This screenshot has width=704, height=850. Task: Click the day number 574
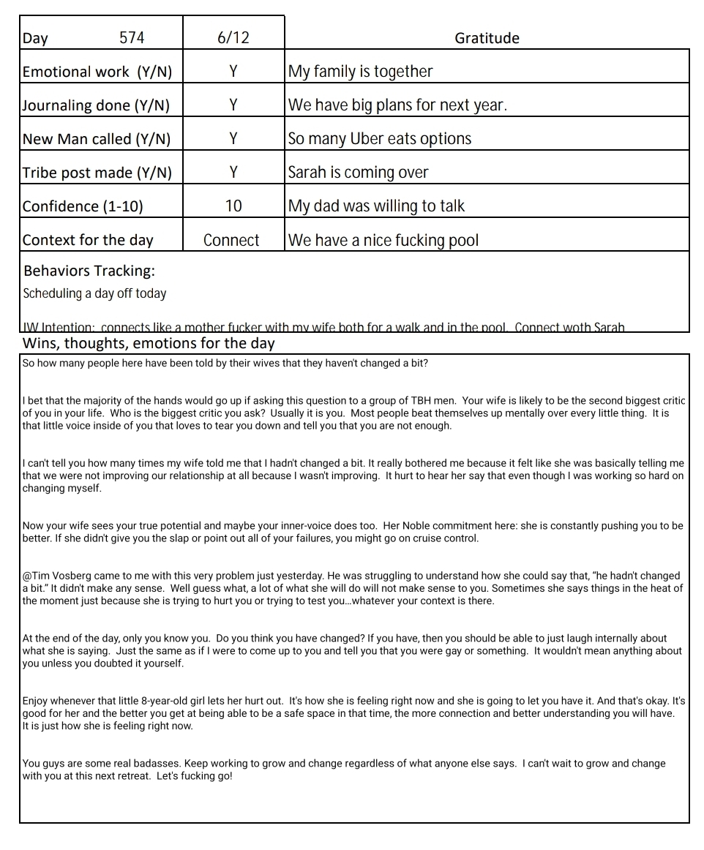point(132,38)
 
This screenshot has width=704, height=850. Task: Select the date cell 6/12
point(233,38)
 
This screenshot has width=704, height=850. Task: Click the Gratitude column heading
point(487,38)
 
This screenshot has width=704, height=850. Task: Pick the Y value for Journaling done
point(233,105)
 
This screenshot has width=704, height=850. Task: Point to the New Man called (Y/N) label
point(96,139)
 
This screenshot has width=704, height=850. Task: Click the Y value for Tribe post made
point(233,173)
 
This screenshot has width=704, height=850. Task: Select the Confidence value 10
point(233,206)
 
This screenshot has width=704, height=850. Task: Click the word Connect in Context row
point(231,240)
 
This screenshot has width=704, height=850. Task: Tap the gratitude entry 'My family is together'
point(360,72)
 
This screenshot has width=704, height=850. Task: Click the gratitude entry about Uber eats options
point(379,139)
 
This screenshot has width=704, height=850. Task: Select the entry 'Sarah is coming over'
point(358,173)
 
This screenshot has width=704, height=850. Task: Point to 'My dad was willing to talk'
point(376,206)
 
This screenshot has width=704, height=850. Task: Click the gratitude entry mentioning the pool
point(383,240)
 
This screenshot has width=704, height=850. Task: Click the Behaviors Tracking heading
point(89,271)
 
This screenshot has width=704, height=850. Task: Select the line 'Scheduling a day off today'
point(94,293)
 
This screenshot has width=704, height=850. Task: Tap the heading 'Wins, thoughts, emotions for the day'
point(149,343)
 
